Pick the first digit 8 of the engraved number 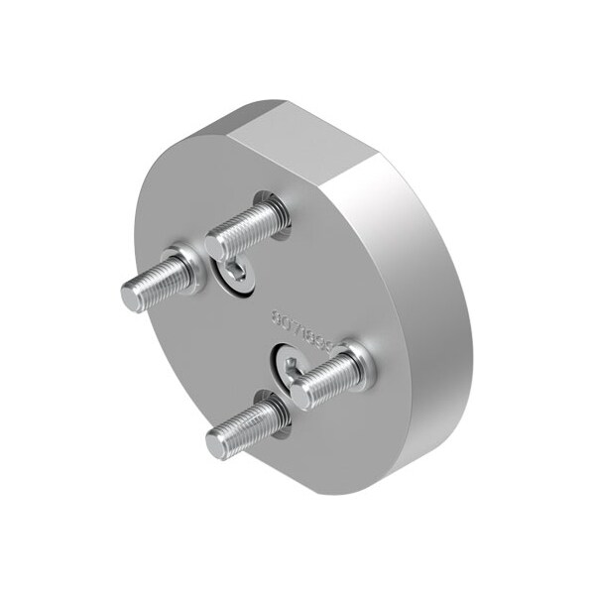tap(277, 317)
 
